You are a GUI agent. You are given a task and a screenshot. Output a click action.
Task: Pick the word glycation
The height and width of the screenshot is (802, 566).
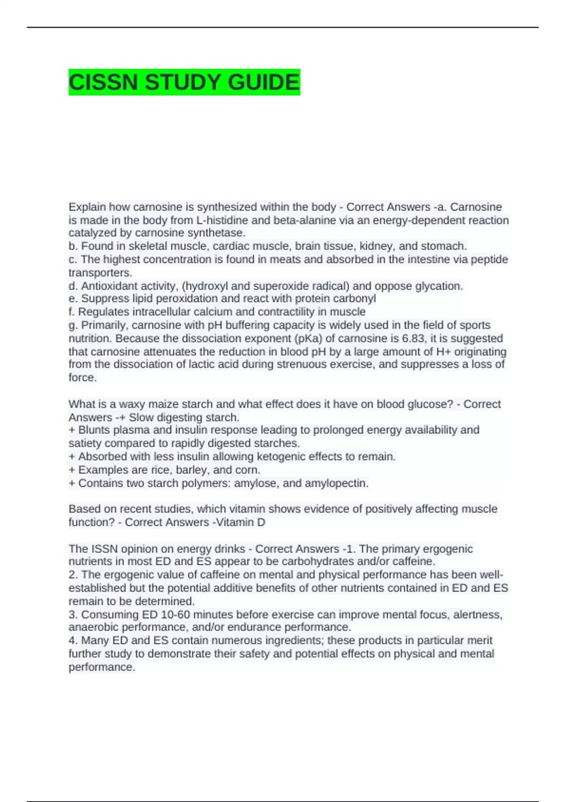click(x=439, y=286)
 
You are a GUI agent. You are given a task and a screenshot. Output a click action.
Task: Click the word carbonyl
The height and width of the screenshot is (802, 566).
click(x=354, y=299)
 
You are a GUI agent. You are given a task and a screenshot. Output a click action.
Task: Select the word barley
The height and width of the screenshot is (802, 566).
click(x=191, y=470)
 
